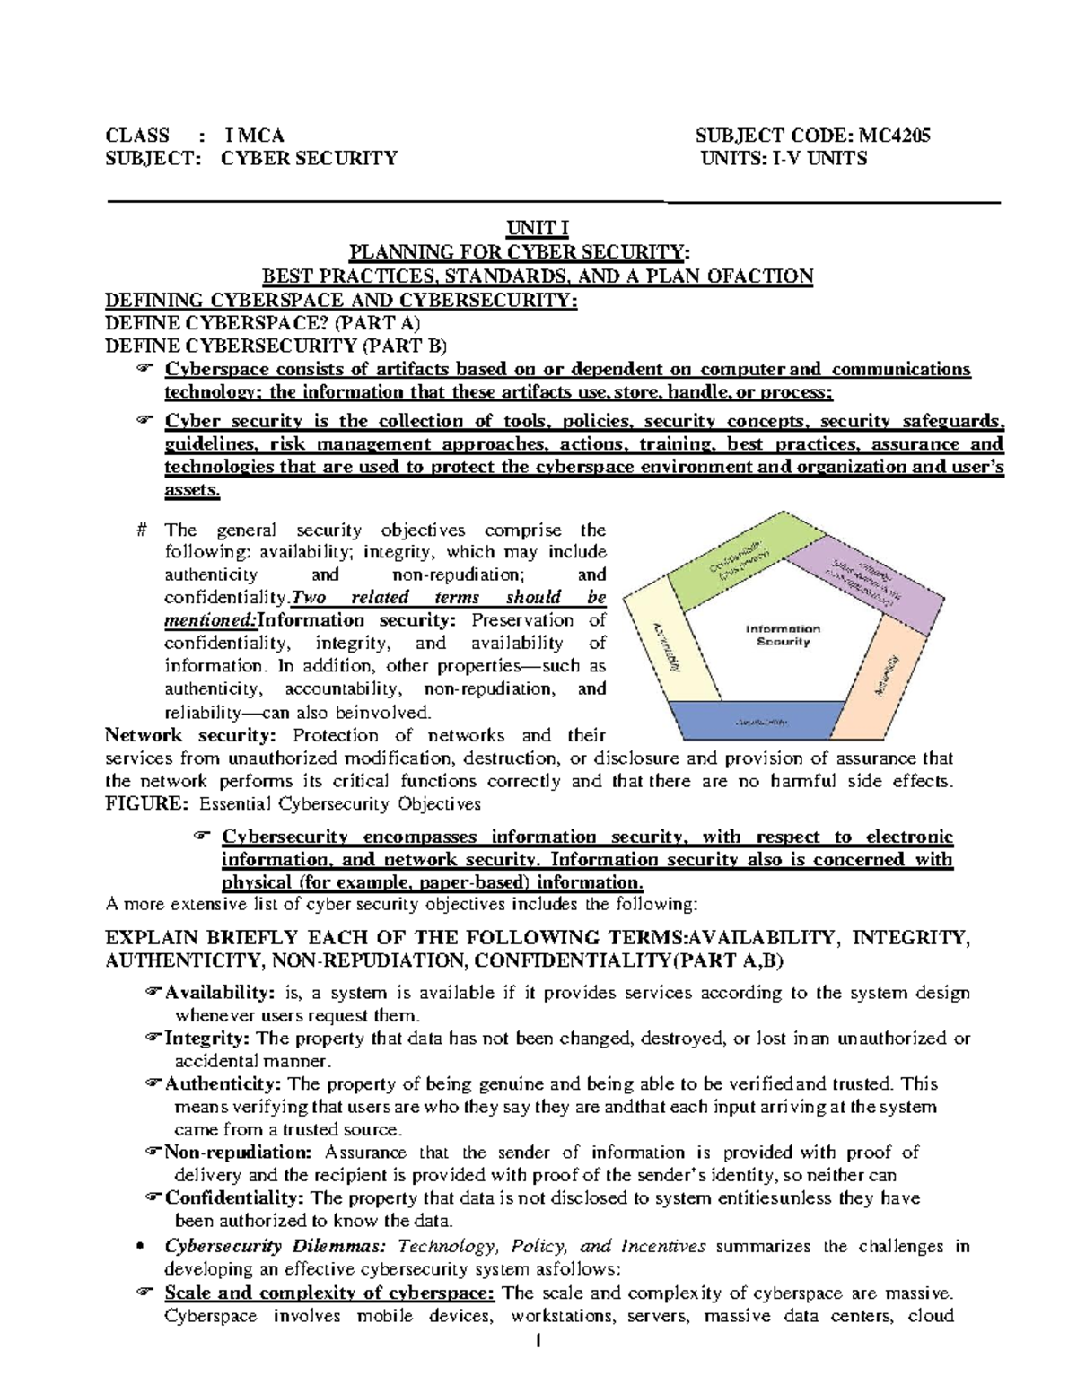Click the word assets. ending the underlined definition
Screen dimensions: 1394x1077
[x=192, y=491]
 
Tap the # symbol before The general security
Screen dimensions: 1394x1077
[x=142, y=530]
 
